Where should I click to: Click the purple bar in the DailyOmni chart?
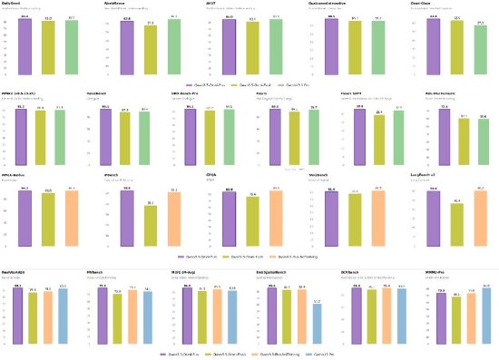click(24, 44)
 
